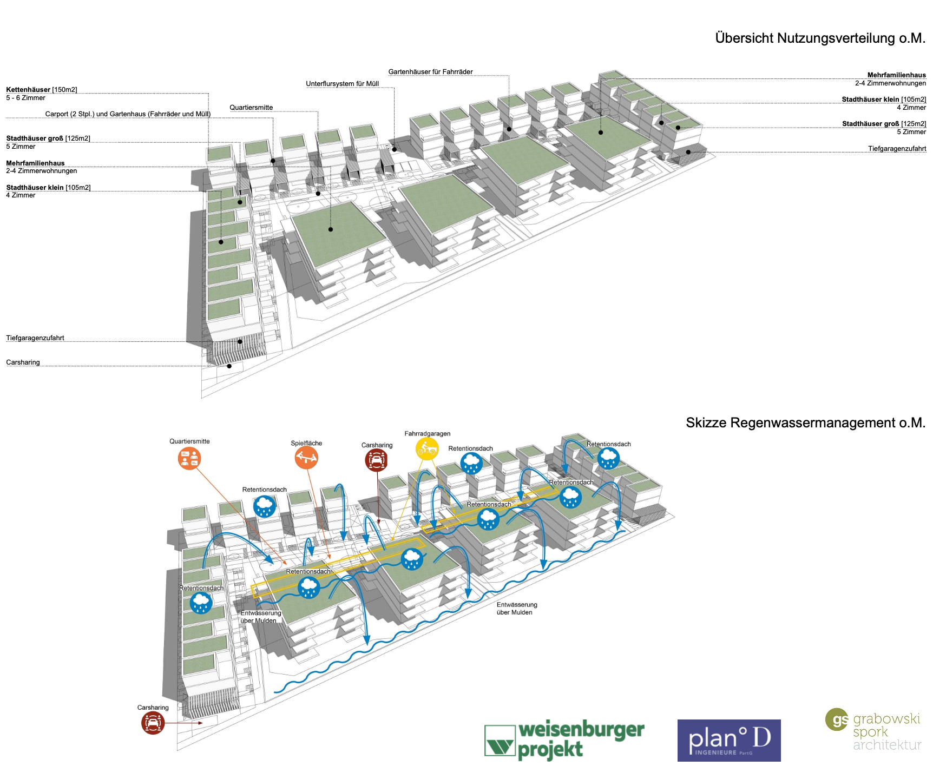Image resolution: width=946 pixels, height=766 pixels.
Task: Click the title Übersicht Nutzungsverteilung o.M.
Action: click(x=820, y=38)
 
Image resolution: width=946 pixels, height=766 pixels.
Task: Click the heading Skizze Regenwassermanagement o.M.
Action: click(x=805, y=423)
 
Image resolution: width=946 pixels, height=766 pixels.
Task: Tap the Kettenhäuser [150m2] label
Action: click(x=42, y=90)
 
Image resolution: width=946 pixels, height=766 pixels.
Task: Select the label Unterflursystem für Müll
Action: click(x=342, y=84)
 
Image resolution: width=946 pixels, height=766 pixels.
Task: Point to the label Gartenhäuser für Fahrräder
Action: click(x=430, y=72)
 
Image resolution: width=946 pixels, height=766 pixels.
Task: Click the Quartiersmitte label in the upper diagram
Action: click(x=251, y=108)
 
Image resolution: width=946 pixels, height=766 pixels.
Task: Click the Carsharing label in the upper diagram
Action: click(x=23, y=362)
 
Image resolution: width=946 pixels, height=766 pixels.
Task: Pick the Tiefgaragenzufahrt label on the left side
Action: click(x=35, y=338)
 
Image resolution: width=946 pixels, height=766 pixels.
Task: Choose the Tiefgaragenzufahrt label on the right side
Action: click(x=897, y=149)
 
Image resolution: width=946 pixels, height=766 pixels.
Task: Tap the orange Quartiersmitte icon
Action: click(x=189, y=459)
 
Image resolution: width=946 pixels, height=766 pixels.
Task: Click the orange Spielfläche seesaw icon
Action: click(x=306, y=458)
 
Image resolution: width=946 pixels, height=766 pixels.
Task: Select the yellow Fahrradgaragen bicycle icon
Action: click(x=427, y=449)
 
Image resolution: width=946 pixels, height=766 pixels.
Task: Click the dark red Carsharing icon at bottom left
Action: click(x=153, y=723)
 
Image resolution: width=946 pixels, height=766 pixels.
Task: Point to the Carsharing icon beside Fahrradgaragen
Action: click(x=376, y=460)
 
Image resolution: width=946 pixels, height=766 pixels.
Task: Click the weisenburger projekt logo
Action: click(x=564, y=740)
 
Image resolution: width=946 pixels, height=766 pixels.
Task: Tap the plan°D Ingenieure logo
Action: click(x=729, y=740)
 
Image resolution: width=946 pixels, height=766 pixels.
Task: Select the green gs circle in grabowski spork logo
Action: click(x=837, y=719)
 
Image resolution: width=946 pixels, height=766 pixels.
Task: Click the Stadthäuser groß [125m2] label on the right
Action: click(x=884, y=124)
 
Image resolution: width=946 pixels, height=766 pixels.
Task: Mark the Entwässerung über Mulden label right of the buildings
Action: click(x=517, y=609)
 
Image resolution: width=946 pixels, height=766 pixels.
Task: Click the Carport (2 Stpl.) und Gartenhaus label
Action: click(x=128, y=114)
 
